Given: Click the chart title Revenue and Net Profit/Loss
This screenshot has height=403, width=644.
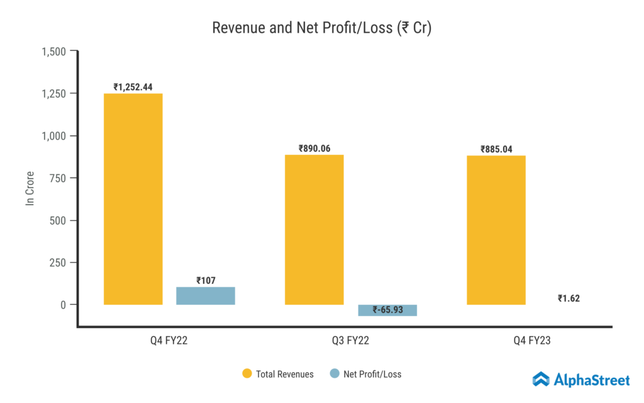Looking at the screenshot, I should click(x=321, y=28).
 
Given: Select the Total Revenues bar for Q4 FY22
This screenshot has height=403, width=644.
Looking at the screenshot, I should click(x=133, y=199).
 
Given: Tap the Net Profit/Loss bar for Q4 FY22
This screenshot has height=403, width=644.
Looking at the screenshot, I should click(x=206, y=296).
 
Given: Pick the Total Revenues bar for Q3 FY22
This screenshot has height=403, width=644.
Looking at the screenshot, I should click(x=314, y=230).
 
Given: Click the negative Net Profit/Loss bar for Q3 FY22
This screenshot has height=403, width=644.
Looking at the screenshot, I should click(x=387, y=310).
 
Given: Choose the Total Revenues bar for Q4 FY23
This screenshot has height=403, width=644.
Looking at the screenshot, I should click(x=496, y=230).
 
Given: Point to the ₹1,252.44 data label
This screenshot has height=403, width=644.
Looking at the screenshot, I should click(x=133, y=87).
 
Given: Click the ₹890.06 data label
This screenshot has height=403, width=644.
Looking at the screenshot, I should click(x=314, y=149).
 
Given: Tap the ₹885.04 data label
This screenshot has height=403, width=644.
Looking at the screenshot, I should click(x=496, y=149).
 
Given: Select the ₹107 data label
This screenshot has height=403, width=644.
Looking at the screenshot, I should click(x=206, y=280).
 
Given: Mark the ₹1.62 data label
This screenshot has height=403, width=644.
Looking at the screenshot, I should click(x=569, y=298).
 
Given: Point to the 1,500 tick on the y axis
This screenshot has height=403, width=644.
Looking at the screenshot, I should click(x=54, y=52).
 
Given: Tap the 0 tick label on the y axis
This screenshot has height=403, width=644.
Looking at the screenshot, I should click(x=63, y=305).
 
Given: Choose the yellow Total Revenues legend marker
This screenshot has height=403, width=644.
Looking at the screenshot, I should click(x=247, y=374).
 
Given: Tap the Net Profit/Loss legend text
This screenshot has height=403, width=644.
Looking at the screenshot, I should click(x=372, y=374).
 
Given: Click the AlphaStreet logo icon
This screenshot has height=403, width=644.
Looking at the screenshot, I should click(x=541, y=379).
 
